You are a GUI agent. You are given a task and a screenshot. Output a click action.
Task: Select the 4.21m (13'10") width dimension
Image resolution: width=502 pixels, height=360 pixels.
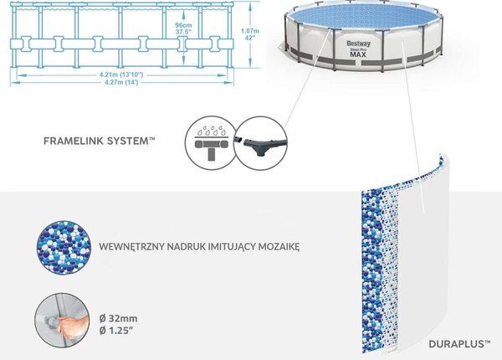pos(121,75)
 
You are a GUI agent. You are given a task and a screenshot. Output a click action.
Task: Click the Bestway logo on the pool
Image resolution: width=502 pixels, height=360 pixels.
pos(358,44)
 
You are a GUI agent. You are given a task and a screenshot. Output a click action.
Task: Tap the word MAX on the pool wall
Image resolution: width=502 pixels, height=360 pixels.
pos(358,54)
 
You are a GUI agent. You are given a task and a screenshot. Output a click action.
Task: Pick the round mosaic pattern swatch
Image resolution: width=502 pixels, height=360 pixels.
pos(64,248)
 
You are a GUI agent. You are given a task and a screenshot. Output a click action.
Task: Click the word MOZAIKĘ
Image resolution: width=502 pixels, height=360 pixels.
pos(279,247)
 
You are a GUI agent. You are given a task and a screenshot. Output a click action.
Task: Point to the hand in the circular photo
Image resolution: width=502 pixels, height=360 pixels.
pos(74,325)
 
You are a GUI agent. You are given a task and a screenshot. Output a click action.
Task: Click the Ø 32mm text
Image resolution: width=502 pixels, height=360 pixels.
pos(119,318)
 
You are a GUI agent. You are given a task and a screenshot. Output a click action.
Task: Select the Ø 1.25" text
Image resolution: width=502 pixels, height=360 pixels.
pos(116,331)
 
